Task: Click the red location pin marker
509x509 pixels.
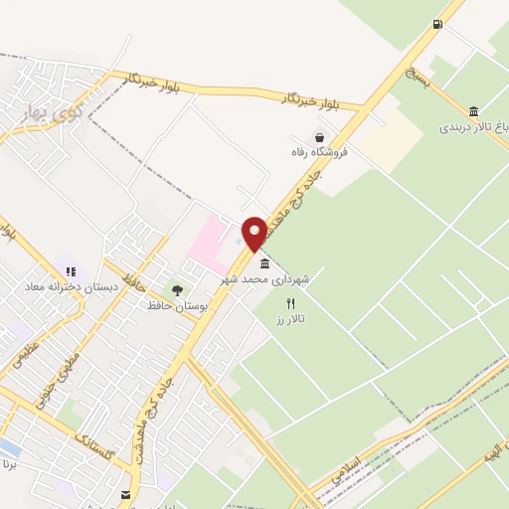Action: click(254, 233)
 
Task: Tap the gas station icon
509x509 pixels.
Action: click(437, 24)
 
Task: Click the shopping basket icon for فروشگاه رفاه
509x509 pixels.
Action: click(319, 137)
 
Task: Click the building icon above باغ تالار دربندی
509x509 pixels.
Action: click(473, 111)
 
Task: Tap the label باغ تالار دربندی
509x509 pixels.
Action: click(473, 127)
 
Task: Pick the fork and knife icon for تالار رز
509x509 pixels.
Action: click(291, 302)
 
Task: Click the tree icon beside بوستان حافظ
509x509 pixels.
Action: click(177, 290)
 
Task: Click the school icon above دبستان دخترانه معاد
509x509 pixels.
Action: click(70, 270)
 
